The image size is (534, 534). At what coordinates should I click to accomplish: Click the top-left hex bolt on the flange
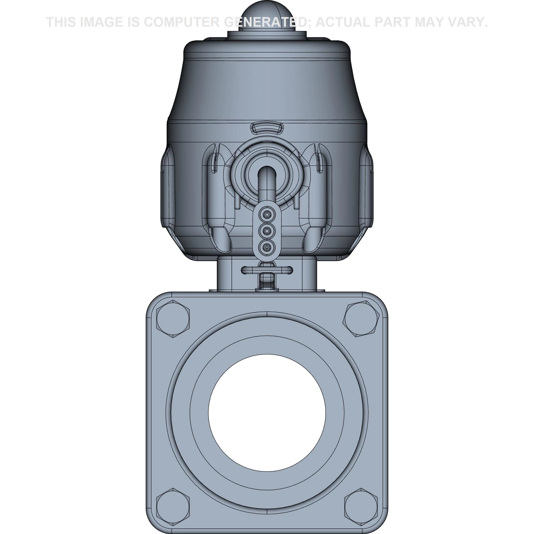click(173, 319)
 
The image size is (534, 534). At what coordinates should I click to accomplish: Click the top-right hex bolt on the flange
click(361, 319)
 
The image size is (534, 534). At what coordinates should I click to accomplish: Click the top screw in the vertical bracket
click(267, 214)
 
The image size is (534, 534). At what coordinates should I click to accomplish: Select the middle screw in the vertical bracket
click(267, 230)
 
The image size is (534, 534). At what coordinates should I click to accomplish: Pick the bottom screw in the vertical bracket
click(267, 246)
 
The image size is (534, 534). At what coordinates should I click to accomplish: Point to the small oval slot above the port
click(267, 128)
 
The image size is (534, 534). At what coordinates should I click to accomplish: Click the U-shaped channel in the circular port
click(267, 182)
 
